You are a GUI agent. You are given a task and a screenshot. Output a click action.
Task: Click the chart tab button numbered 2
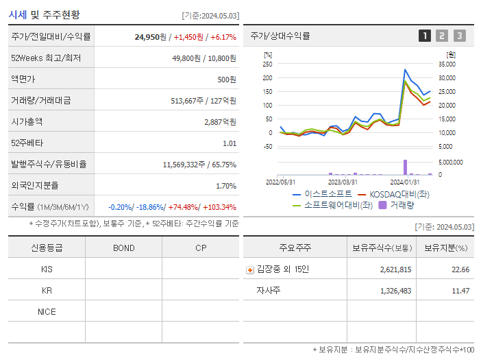tap(442, 36)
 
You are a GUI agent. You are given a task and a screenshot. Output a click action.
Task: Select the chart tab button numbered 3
tap(459, 36)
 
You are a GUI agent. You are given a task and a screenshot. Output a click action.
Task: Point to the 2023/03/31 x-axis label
tap(343, 182)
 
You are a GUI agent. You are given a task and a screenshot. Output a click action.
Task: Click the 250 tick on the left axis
tap(267, 64)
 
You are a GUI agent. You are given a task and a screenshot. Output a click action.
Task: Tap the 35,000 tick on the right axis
tap(445, 64)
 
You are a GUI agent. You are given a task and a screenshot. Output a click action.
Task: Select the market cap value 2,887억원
tap(220, 121)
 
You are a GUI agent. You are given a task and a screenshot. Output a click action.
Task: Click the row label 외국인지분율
tap(35, 185)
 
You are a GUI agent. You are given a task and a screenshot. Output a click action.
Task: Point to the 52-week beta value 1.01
tap(230, 143)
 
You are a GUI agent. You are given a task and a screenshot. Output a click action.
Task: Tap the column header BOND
tap(123, 248)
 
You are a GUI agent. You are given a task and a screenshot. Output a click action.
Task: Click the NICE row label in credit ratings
tap(47, 311)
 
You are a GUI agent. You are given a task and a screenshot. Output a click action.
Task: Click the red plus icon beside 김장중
tap(250, 269)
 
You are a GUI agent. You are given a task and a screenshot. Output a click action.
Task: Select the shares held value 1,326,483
tap(395, 291)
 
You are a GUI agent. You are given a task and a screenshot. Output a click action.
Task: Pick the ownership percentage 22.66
tap(460, 269)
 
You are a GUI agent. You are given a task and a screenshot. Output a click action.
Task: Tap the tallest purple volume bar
tap(405, 167)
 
